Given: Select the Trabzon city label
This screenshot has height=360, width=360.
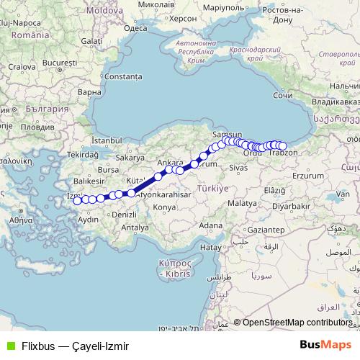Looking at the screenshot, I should click(287, 154).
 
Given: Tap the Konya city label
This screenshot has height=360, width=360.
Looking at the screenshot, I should click(164, 207).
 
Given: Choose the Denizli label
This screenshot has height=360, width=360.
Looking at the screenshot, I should click(124, 215).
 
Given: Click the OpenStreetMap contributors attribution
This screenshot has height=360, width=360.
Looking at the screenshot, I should click(297, 323).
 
